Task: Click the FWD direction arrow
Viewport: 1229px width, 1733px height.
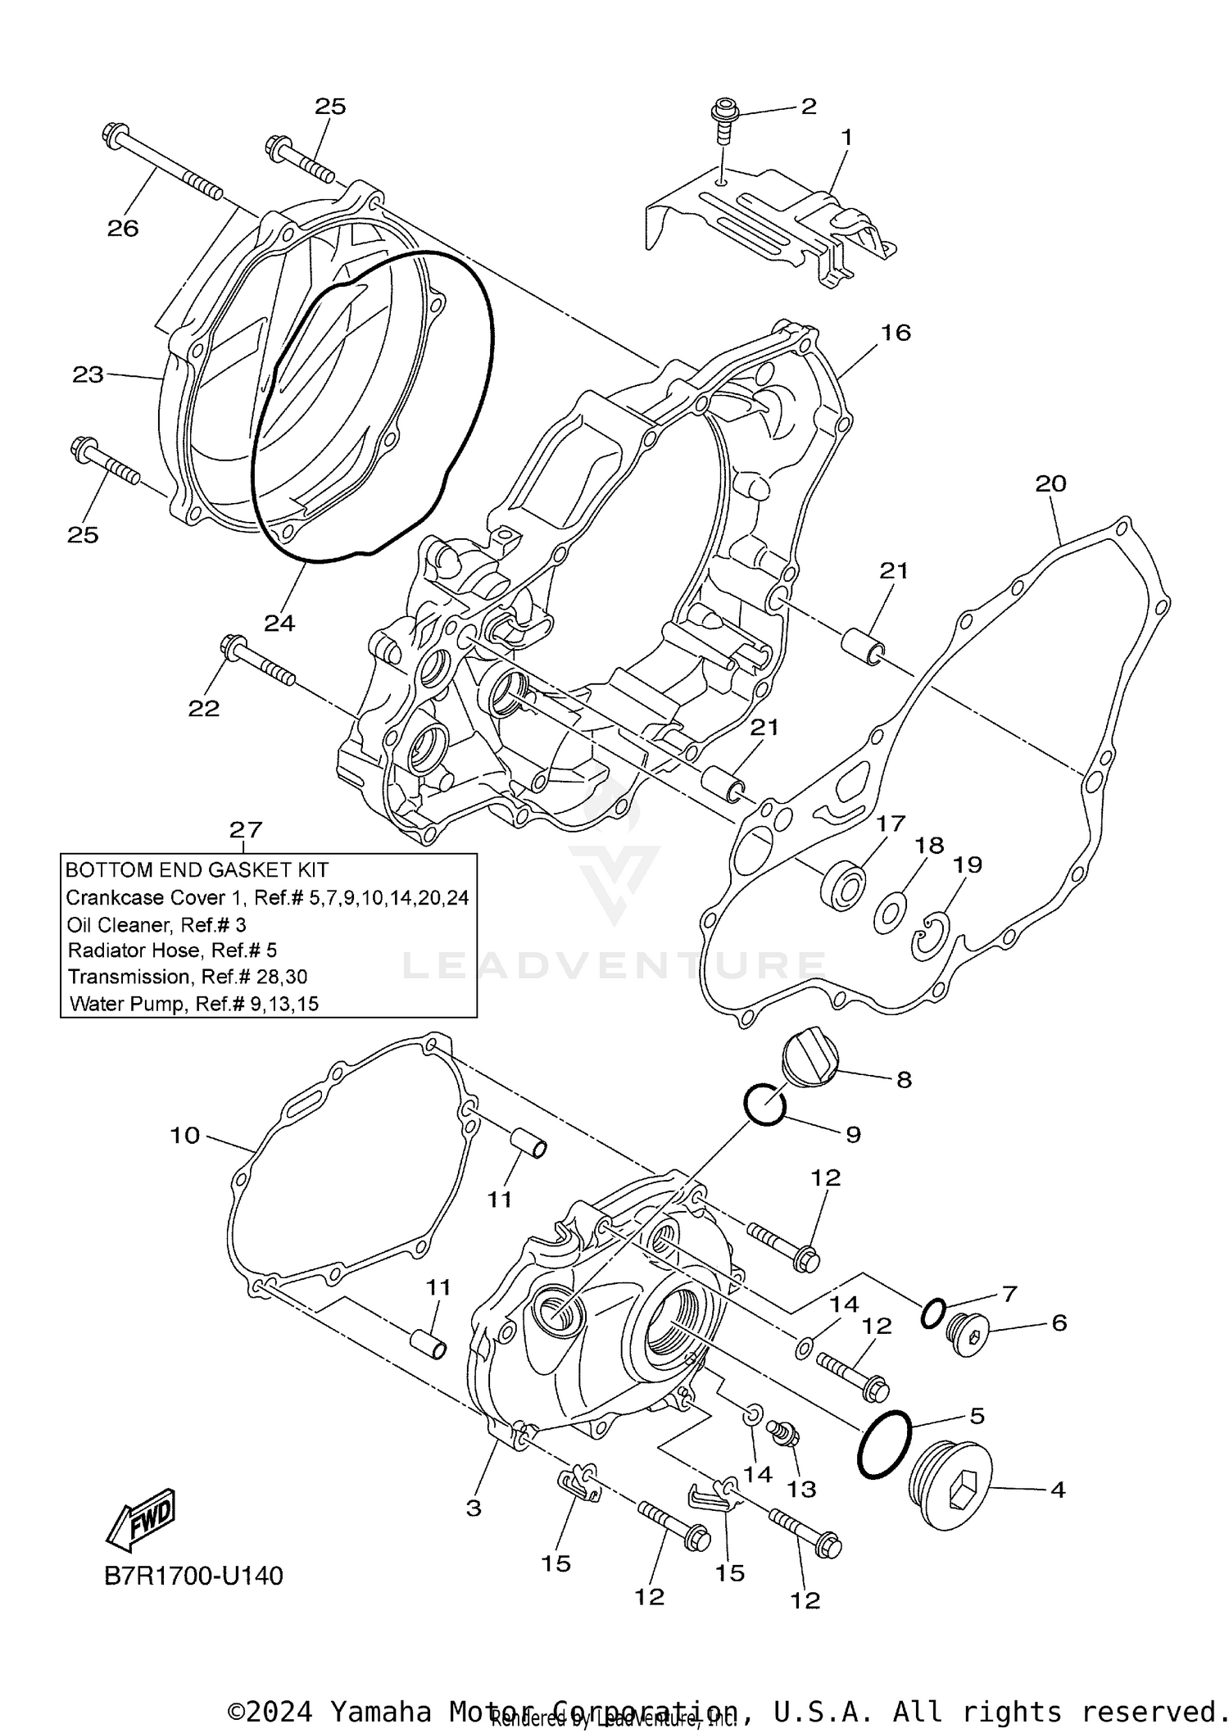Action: click(x=141, y=1518)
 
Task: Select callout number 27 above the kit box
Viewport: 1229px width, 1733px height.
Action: click(x=245, y=829)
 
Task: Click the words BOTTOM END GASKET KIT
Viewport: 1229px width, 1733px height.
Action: click(x=197, y=869)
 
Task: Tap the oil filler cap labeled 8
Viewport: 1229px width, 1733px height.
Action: click(x=810, y=1061)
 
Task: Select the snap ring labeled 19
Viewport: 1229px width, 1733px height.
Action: click(x=931, y=937)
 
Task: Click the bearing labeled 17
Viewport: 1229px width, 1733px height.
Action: click(x=843, y=886)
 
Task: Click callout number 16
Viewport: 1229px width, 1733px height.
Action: click(x=896, y=332)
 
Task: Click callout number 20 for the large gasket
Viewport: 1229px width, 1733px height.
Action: click(x=1050, y=483)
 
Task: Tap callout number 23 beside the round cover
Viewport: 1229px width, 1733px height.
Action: click(x=88, y=374)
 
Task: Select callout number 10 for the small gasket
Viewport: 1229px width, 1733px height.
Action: click(x=185, y=1135)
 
